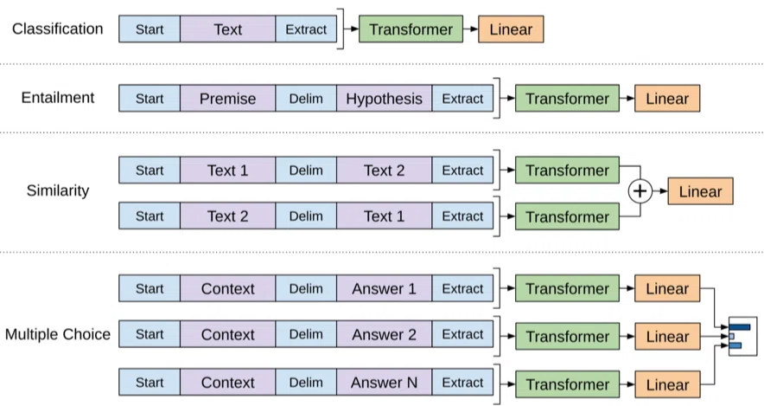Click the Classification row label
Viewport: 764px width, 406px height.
[x=58, y=29]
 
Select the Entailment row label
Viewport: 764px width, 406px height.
[x=58, y=98]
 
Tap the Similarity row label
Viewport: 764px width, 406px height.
[x=58, y=190]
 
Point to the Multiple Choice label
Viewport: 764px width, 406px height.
[x=58, y=334]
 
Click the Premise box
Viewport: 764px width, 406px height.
[x=227, y=98]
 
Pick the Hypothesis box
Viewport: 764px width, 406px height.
[x=384, y=98]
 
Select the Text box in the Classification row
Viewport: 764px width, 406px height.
[x=227, y=29]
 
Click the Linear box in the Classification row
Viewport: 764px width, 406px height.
[x=511, y=29]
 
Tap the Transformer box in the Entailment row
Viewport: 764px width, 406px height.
[x=567, y=98]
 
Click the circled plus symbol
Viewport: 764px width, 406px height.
[x=640, y=191]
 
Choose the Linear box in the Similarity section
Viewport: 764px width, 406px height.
[x=700, y=191]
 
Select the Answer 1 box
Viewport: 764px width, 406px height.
[x=384, y=288]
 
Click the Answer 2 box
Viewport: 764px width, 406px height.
[x=384, y=334]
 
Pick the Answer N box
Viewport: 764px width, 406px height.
[x=384, y=383]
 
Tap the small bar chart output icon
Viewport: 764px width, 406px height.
[x=743, y=336]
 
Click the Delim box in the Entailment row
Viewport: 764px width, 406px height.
[x=306, y=98]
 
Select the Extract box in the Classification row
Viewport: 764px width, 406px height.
[x=306, y=29]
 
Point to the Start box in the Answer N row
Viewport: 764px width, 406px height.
[x=150, y=383]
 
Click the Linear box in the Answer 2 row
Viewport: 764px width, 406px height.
[x=667, y=336]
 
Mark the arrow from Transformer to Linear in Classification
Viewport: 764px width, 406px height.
[x=471, y=29]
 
